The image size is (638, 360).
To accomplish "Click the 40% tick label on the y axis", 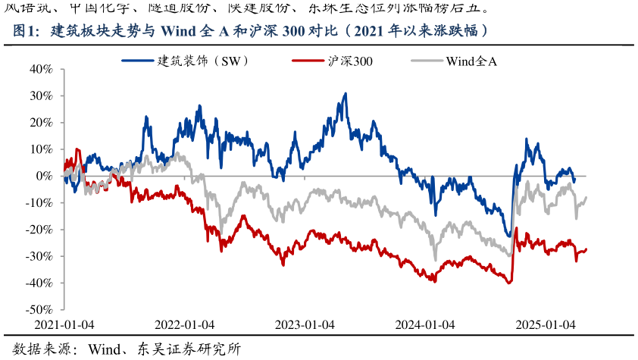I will coord(40,69).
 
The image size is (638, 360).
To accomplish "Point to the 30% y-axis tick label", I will coord(40,96).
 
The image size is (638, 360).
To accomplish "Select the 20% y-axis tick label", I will coord(40,123).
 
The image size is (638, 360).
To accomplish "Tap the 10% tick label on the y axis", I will coord(40,149).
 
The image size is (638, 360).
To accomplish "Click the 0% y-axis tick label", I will coord(43,176).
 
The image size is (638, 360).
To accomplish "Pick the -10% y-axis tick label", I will coord(39,203).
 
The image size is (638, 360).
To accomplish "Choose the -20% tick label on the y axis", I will coord(39,230).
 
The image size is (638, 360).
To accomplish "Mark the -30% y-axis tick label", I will coord(39,256).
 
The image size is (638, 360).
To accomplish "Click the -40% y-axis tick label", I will coord(39,283).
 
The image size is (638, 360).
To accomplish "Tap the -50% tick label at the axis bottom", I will coord(39,310).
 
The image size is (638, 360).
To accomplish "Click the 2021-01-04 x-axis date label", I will coord(64,324).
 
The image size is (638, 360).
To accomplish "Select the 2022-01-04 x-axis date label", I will coord(184,324).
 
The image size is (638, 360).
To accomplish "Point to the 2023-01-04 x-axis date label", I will coord(305,324).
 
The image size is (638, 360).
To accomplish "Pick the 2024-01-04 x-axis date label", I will coord(424,324).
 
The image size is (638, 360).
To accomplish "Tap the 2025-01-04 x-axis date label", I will coord(546,324).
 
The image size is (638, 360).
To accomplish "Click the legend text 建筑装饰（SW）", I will coord(203,60).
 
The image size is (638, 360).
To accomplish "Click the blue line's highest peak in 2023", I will coord(346,94).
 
